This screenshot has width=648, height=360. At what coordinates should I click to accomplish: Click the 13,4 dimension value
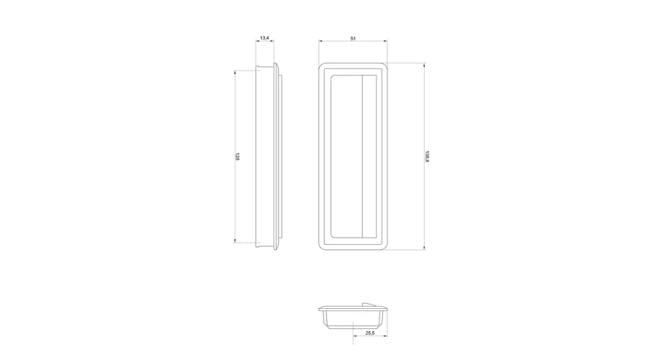click(x=264, y=38)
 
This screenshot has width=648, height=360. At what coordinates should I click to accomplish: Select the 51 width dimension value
click(x=353, y=38)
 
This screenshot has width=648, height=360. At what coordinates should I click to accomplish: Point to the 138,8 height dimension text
click(x=427, y=157)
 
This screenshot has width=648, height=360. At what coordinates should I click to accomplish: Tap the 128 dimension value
click(x=237, y=157)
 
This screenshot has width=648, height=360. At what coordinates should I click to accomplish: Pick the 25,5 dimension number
click(x=370, y=333)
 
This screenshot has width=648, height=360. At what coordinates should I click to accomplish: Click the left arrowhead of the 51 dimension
click(x=320, y=41)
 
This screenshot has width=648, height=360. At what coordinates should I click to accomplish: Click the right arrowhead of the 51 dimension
click(x=386, y=41)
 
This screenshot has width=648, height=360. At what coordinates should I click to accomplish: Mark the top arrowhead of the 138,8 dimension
click(x=424, y=65)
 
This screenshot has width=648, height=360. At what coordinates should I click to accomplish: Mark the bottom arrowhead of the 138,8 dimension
click(x=424, y=248)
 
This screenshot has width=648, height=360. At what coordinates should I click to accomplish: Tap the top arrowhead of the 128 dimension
click(x=235, y=73)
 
